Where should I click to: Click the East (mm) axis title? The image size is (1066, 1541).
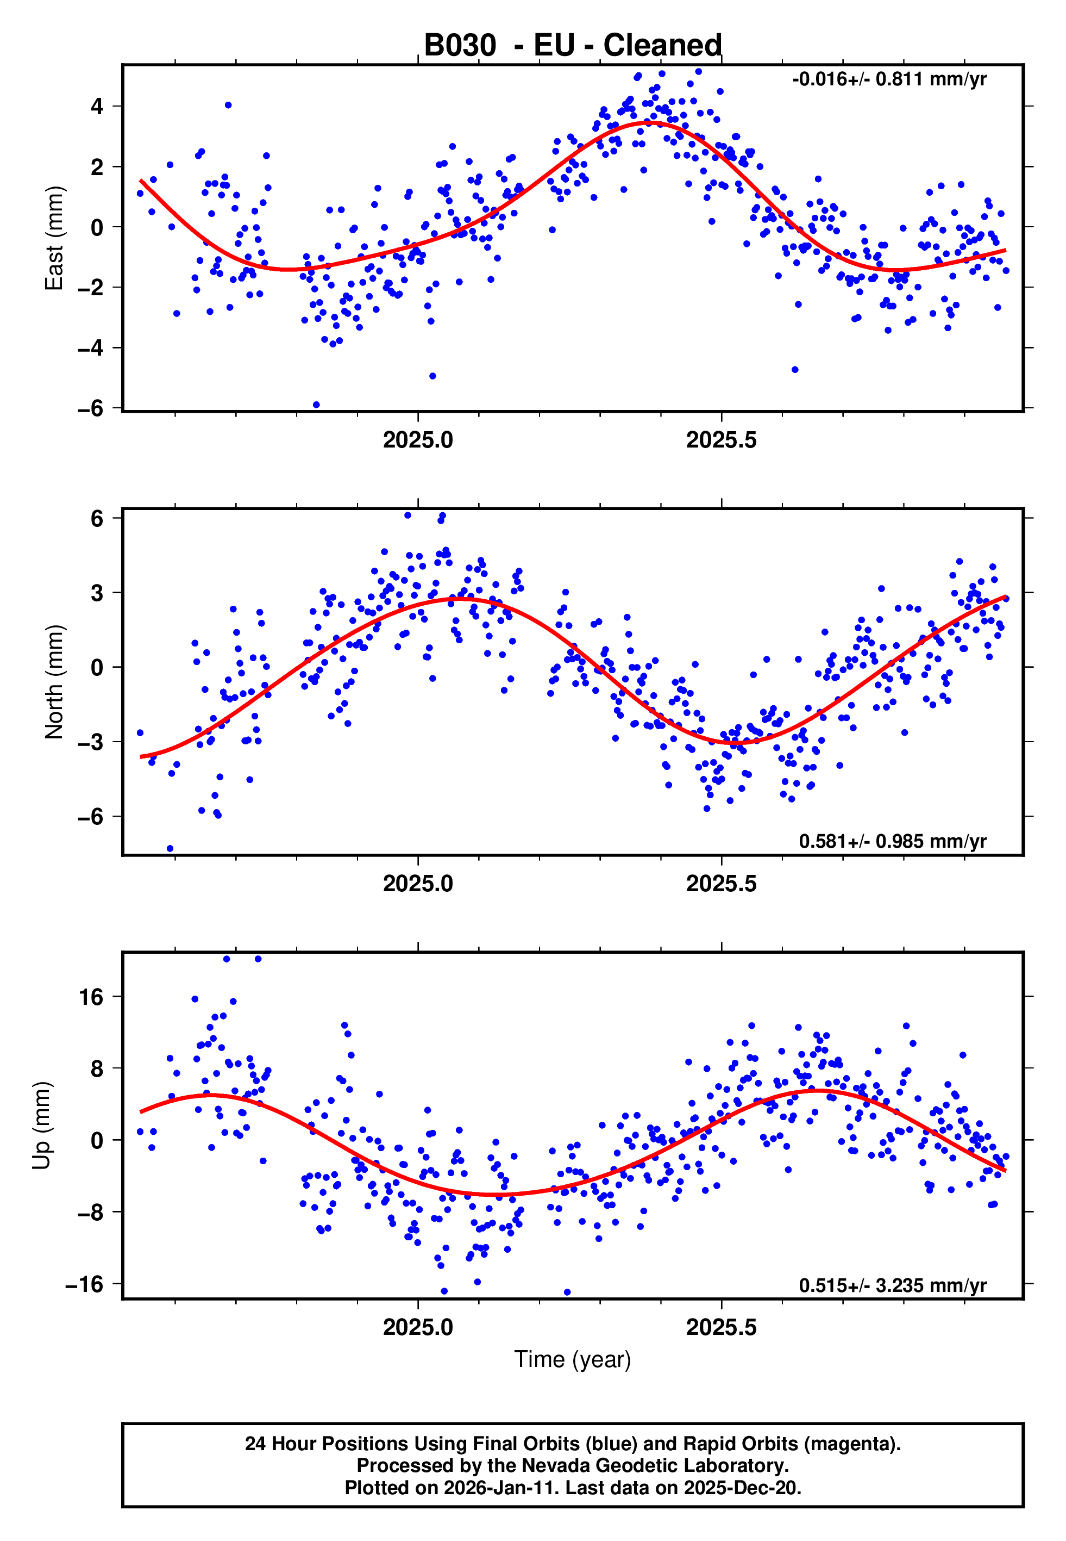pyautogui.click(x=54, y=238)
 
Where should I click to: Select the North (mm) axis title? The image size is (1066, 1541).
pyautogui.click(x=54, y=682)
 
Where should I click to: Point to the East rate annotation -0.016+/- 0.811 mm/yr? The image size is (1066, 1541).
pyautogui.click(x=889, y=79)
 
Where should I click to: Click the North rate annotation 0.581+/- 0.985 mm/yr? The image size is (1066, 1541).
pyautogui.click(x=892, y=841)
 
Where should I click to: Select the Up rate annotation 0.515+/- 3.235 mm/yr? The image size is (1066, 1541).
pyautogui.click(x=892, y=1284)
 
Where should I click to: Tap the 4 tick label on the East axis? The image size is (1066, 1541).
pyautogui.click(x=97, y=106)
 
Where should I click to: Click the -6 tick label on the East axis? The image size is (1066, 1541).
pyautogui.click(x=91, y=408)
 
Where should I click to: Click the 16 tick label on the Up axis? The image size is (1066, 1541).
pyautogui.click(x=91, y=997)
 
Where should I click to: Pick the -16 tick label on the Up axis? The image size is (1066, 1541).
pyautogui.click(x=85, y=1284)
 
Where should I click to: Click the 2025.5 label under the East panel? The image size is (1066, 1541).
pyautogui.click(x=722, y=440)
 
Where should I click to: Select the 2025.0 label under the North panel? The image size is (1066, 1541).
pyautogui.click(x=418, y=884)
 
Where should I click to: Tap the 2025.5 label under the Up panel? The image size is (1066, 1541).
pyautogui.click(x=722, y=1327)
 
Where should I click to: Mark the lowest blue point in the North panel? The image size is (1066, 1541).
pyautogui.click(x=170, y=849)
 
